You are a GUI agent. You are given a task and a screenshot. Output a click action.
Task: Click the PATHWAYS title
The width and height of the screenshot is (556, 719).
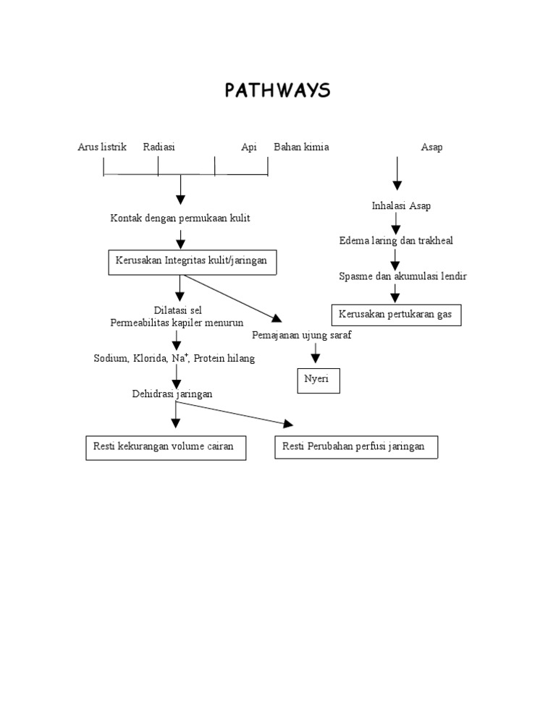(277, 90)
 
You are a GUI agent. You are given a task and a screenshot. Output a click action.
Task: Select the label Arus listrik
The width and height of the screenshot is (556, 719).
(102, 147)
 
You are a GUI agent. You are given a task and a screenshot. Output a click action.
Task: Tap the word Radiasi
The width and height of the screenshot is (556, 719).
(159, 147)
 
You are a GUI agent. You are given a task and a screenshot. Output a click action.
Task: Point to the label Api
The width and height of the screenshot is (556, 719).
(249, 147)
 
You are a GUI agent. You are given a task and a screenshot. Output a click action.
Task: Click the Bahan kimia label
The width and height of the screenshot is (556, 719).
(301, 147)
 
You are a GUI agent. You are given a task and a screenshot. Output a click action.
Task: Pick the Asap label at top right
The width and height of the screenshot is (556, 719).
(431, 147)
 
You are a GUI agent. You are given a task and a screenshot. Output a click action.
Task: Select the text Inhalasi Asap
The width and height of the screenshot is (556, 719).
(401, 206)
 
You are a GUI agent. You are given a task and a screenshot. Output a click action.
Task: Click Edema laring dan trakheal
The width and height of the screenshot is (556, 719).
(396, 241)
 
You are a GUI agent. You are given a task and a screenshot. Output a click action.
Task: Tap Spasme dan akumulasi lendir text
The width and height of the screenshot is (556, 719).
(403, 276)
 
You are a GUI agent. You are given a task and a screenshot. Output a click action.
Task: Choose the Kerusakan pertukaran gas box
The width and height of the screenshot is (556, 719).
(396, 315)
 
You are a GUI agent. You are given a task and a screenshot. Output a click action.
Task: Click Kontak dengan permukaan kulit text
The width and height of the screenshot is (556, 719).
(180, 218)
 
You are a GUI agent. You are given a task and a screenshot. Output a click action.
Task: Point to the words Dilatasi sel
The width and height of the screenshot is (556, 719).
(177, 310)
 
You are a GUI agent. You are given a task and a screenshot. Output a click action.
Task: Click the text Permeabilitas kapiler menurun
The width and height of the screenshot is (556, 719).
(177, 323)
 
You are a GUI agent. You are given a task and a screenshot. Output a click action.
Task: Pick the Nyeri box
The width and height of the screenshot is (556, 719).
(318, 380)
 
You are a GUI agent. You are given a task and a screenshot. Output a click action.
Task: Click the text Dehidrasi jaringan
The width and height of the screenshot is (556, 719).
(172, 394)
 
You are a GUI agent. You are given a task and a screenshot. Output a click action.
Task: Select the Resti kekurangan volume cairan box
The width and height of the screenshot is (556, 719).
(165, 447)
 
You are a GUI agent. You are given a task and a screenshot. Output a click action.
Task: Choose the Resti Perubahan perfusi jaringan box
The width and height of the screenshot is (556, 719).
(356, 447)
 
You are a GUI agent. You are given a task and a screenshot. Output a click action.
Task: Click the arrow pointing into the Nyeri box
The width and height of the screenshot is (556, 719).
(315, 354)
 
